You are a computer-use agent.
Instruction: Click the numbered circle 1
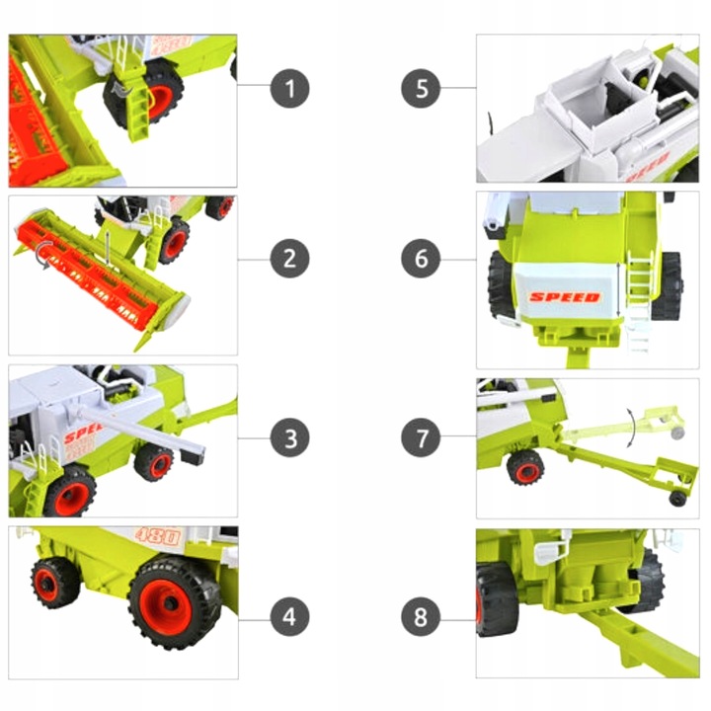tap(289, 89)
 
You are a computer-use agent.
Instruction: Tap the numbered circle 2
tap(289, 259)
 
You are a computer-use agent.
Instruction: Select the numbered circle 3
tap(289, 436)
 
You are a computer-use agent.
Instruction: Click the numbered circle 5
tap(422, 89)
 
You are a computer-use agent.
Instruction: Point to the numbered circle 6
tap(422, 259)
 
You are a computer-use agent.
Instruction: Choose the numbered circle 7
tap(422, 436)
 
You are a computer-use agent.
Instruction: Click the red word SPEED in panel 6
tap(564, 296)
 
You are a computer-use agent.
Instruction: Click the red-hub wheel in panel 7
tap(525, 468)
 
